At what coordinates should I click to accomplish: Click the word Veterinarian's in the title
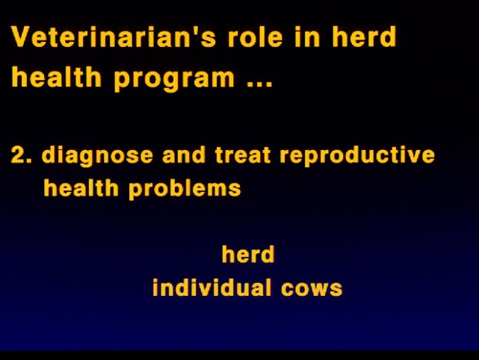pyautogui.click(x=114, y=37)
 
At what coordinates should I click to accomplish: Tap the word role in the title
pyautogui.click(x=256, y=37)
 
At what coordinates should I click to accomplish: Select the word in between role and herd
pyautogui.click(x=307, y=37)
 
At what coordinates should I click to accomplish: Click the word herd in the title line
pyautogui.click(x=364, y=37)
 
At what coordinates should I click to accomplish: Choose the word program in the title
pyautogui.click(x=174, y=78)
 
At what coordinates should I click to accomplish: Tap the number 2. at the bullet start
pyautogui.click(x=21, y=155)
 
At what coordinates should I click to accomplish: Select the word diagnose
pyautogui.click(x=97, y=156)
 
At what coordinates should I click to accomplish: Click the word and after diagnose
pyautogui.click(x=184, y=155)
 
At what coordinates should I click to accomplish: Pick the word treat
pyautogui.click(x=243, y=155)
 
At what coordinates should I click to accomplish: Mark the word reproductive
pyautogui.click(x=356, y=156)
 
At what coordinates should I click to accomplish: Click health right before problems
pyautogui.click(x=81, y=187)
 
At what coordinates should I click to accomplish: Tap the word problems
pyautogui.click(x=185, y=189)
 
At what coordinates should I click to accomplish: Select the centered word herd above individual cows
pyautogui.click(x=248, y=254)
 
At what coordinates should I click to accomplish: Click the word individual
pyautogui.click(x=211, y=287)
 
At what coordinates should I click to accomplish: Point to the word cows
pyautogui.click(x=312, y=289)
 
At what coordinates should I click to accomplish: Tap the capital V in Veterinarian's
pyautogui.click(x=22, y=37)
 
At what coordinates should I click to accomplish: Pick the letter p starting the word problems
pyautogui.click(x=136, y=191)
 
